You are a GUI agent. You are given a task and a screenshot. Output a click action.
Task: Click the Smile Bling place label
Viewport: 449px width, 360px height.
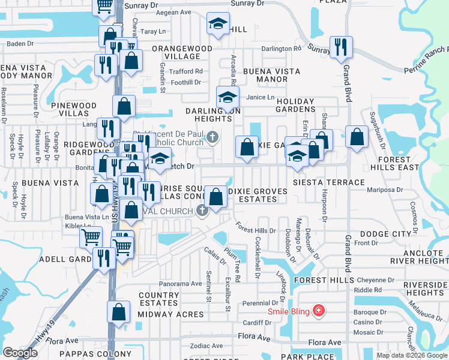pyautogui.click(x=290, y=311)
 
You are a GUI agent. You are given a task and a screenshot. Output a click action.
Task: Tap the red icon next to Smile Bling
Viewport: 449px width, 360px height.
pyautogui.click(x=320, y=311)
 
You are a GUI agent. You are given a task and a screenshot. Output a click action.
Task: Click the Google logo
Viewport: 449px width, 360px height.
pyautogui.click(x=19, y=353)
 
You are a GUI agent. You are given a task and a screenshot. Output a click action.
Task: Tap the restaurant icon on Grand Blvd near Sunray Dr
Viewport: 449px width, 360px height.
pyautogui.click(x=341, y=47)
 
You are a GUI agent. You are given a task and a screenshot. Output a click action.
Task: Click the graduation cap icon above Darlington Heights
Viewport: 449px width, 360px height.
pyautogui.click(x=228, y=97)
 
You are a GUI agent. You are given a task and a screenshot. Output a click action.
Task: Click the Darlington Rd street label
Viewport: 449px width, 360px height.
pyautogui.click(x=281, y=49)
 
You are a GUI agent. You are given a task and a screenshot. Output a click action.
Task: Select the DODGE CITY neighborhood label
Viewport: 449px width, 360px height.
pyautogui.click(x=385, y=233)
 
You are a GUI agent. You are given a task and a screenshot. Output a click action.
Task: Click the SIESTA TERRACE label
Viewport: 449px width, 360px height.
pyautogui.click(x=328, y=182)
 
